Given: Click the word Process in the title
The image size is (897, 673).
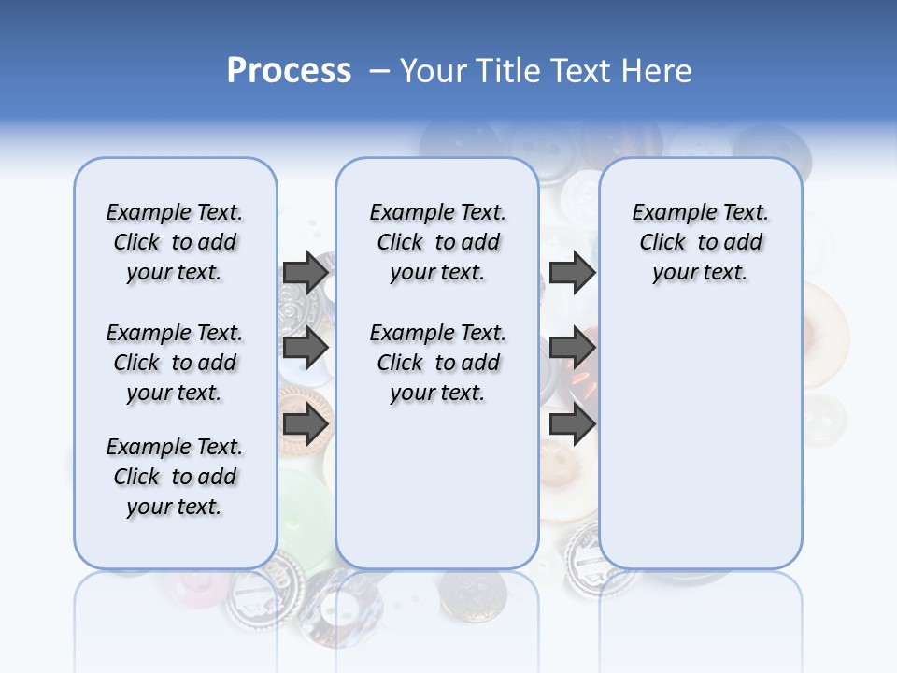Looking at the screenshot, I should pos(289,71).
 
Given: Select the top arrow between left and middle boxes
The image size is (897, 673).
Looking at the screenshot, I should pos(306,272).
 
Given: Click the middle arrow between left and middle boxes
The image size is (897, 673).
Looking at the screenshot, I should pos(306,348).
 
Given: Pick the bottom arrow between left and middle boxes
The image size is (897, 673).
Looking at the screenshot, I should pos(306,424).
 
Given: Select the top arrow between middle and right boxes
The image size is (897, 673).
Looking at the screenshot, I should pos(572,272).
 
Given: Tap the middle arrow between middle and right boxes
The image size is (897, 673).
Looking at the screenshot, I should pos(572,348).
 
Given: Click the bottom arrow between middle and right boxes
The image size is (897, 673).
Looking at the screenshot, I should pos(572,424).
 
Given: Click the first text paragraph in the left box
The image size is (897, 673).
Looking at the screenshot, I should pos(175,242).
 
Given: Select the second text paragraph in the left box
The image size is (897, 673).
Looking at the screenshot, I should pos(175,363).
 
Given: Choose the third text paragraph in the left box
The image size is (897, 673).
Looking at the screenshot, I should pos(175,477).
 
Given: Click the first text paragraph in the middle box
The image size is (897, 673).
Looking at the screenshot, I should pos(437,242).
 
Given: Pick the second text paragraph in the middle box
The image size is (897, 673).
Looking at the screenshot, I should pos(437,363).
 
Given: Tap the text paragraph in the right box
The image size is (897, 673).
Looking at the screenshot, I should pos(700,242).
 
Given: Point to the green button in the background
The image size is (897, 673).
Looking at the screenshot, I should pos(304,505).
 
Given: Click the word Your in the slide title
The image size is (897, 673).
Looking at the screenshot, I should pos(434,71).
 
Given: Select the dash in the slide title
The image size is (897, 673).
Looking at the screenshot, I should pos(379,71).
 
